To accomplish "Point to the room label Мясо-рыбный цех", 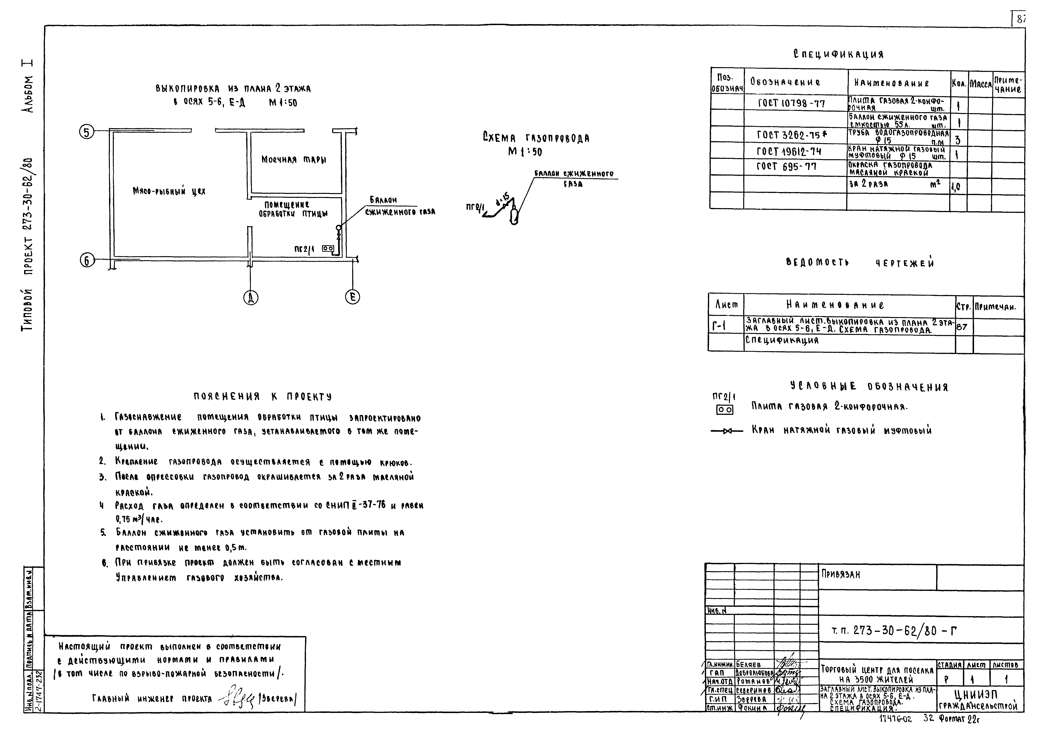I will pos(169,191).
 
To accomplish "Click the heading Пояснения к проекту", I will pos(262,396).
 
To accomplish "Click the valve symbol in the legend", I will pos(727,431).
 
